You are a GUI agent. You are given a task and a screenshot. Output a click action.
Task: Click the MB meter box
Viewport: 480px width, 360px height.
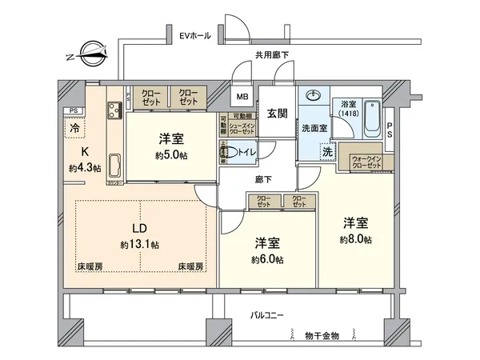pos(241,99)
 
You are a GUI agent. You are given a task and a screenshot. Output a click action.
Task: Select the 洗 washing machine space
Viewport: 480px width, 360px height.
pos(326,150)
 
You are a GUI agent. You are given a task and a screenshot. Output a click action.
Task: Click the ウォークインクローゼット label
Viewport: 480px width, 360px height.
pos(366,159)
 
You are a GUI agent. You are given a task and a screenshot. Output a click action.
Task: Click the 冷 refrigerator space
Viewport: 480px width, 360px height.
pos(73,126)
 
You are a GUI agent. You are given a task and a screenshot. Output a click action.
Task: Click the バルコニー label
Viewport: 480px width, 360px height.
pos(266,316)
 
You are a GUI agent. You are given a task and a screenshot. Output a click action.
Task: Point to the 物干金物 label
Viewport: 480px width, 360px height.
pos(321,334)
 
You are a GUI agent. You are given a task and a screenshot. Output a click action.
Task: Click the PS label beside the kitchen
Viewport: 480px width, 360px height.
pos(73,110)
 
